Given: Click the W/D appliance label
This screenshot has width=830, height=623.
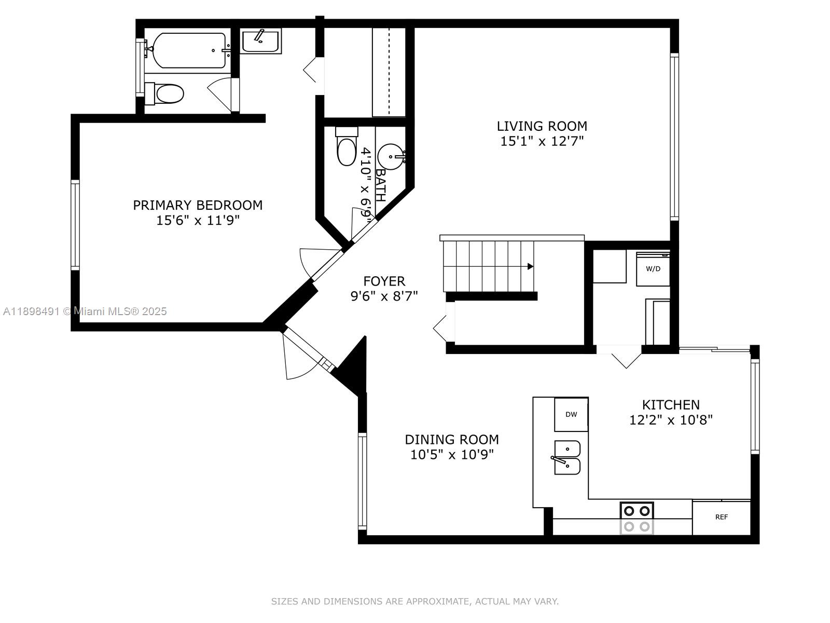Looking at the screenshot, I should [653, 269].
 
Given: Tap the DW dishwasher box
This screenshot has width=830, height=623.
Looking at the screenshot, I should [571, 414].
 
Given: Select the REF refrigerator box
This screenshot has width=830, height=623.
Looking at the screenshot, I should [721, 517].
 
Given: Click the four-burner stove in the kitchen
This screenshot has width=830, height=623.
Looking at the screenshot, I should [637, 518].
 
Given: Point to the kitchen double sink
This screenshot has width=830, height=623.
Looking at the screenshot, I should [568, 457].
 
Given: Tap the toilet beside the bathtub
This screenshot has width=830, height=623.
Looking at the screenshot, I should [165, 94].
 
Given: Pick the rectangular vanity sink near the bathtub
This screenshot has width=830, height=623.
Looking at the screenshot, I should [261, 41].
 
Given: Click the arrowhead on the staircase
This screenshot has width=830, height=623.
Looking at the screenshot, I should [530, 266].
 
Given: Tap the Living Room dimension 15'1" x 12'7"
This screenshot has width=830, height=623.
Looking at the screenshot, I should [542, 141].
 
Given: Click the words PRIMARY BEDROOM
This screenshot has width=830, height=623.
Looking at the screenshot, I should [198, 205].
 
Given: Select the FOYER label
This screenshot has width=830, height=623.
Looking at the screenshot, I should [384, 281].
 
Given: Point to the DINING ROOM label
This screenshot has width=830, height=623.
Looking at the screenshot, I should [451, 440].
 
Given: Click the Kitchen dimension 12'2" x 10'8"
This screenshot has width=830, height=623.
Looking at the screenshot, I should [671, 420].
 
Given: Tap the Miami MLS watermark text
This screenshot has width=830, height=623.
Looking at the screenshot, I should [85, 311].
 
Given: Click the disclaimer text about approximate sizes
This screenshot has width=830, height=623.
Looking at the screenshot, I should [414, 601].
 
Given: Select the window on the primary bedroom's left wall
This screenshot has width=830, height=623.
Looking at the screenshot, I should [76, 225].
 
